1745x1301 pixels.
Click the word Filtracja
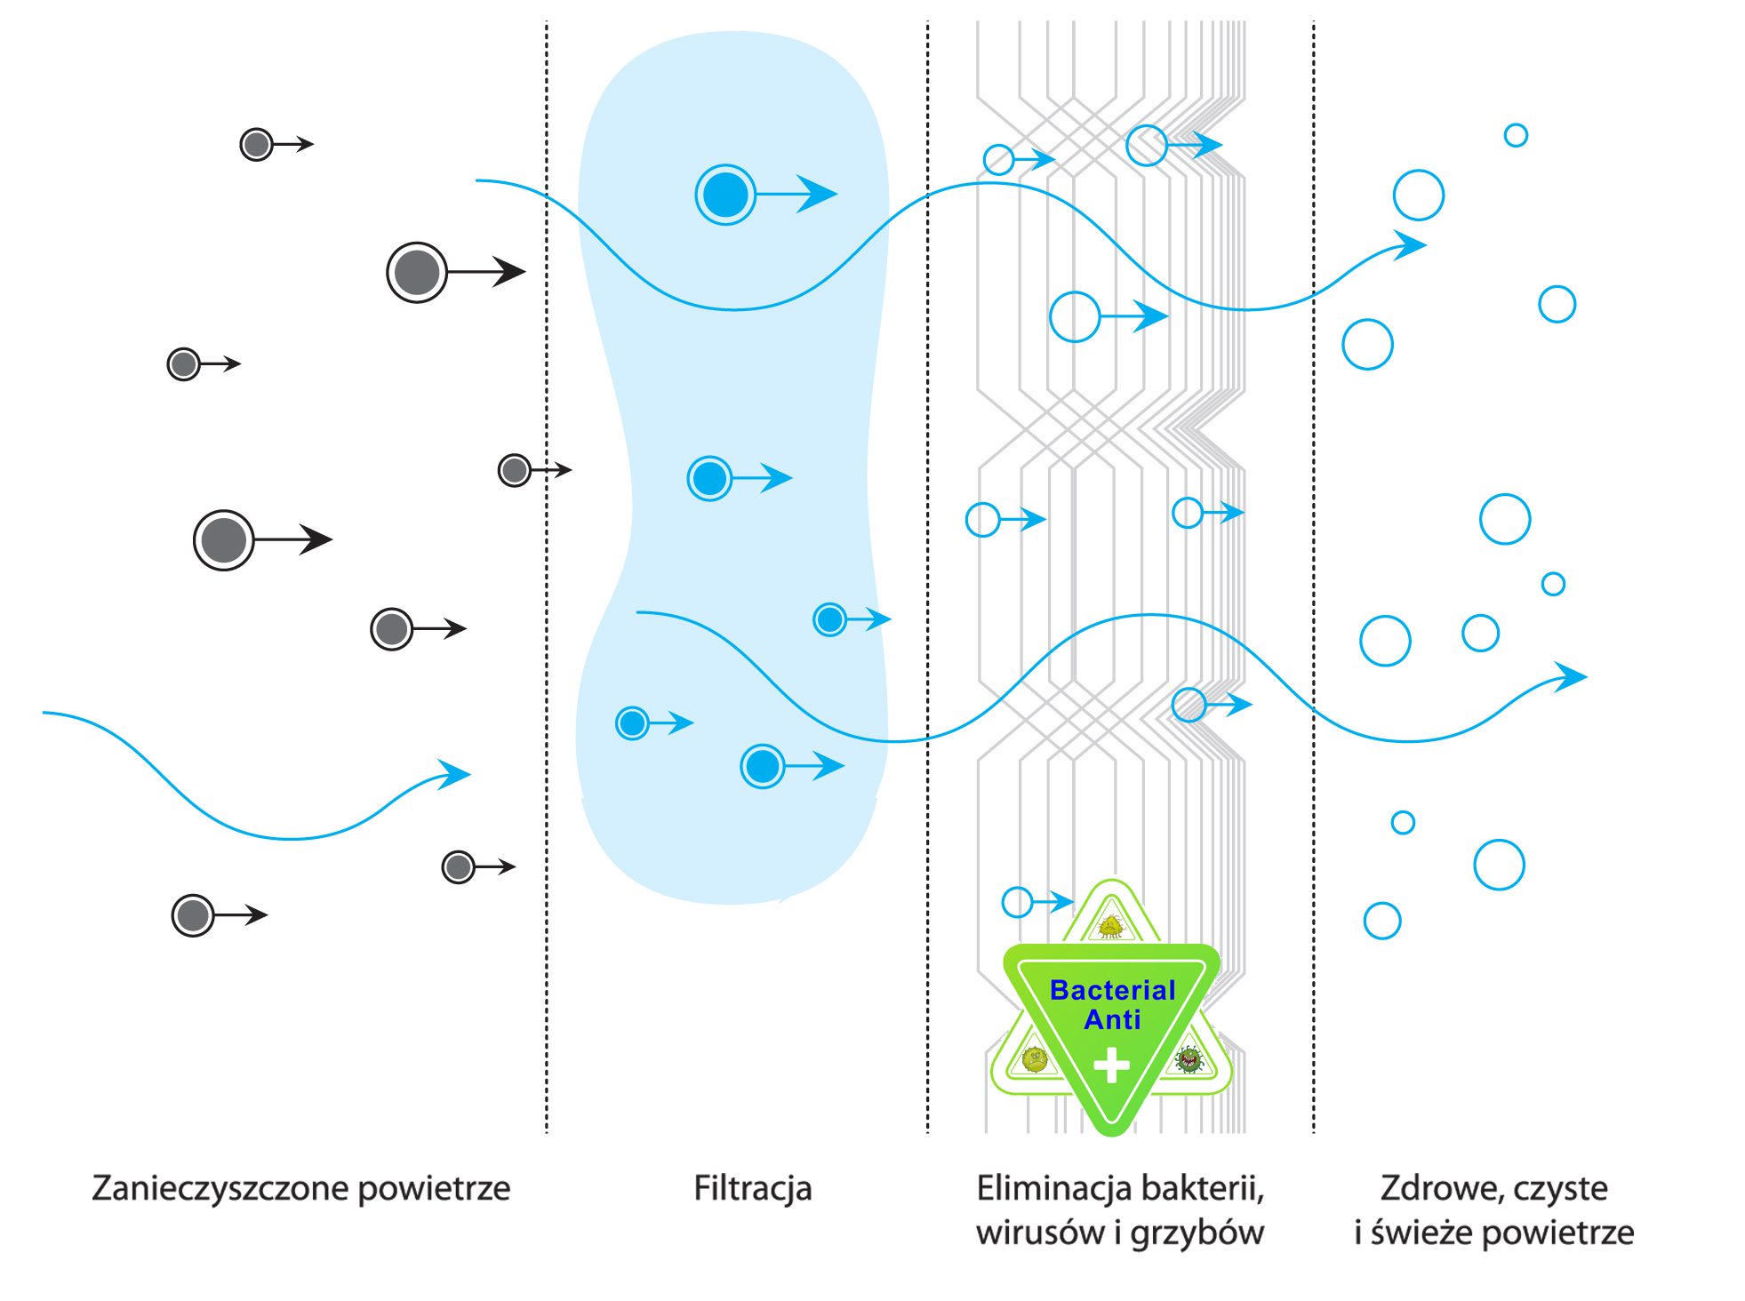752,1189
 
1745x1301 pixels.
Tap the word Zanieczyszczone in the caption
220,1189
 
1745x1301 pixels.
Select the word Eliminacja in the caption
1053,1188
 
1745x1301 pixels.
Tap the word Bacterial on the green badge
1112,990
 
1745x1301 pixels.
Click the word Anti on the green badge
1112,1019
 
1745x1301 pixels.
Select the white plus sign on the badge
1111,1065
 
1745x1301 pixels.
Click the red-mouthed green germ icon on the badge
1189,1059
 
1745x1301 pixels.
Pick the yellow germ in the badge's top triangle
1111,927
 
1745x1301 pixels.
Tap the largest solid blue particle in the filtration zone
725,195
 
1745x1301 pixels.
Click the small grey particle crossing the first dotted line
515,470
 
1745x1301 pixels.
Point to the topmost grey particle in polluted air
257,144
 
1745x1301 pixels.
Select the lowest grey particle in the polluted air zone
193,915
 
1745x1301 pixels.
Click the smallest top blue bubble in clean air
1516,135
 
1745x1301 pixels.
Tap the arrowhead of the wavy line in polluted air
456,774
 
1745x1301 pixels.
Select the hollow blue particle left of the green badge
1017,902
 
